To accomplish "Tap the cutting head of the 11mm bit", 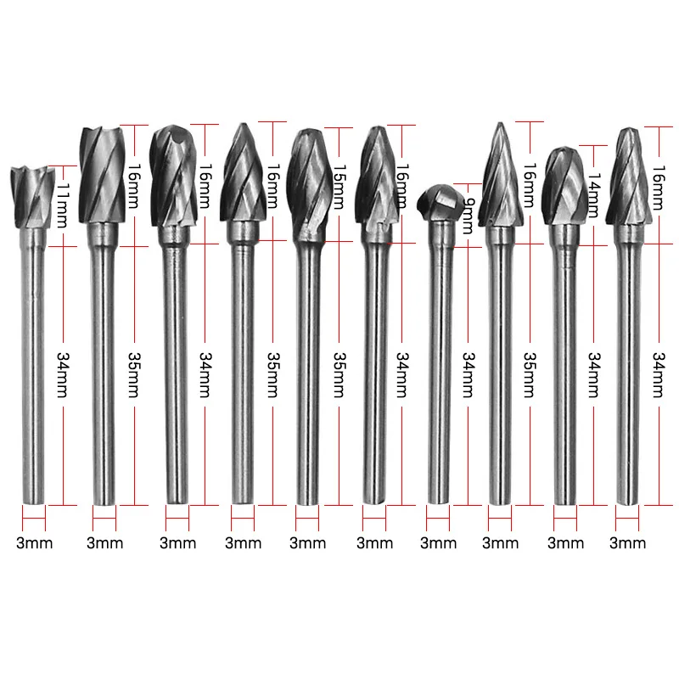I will [x=32, y=194].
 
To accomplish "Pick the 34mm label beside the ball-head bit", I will [x=467, y=373].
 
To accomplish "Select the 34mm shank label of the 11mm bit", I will [x=60, y=373].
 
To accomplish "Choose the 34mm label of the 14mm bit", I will [x=594, y=373].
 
